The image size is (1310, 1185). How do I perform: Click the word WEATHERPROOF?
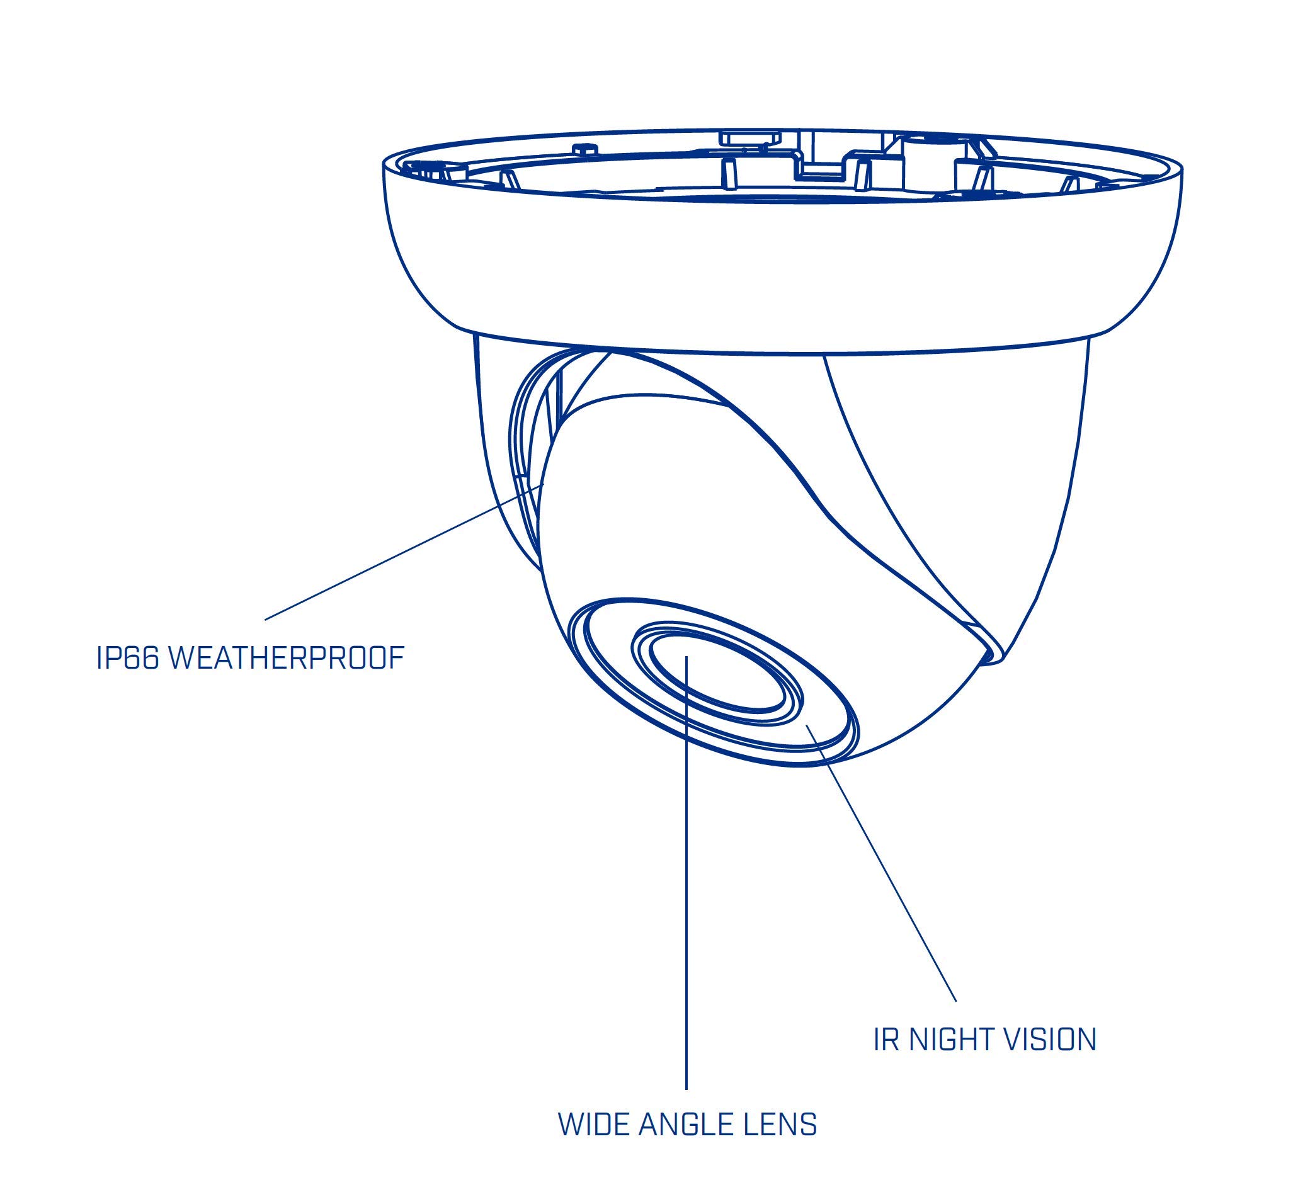point(287,657)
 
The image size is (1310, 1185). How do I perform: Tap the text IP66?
point(127,657)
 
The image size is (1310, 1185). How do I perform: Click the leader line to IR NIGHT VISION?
point(881,862)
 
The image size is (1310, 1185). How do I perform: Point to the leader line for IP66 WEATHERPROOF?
point(404,552)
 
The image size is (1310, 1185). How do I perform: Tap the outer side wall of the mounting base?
point(780,273)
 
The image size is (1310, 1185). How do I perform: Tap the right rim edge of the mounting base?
point(1181,170)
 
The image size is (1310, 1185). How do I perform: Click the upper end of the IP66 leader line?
point(544,484)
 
